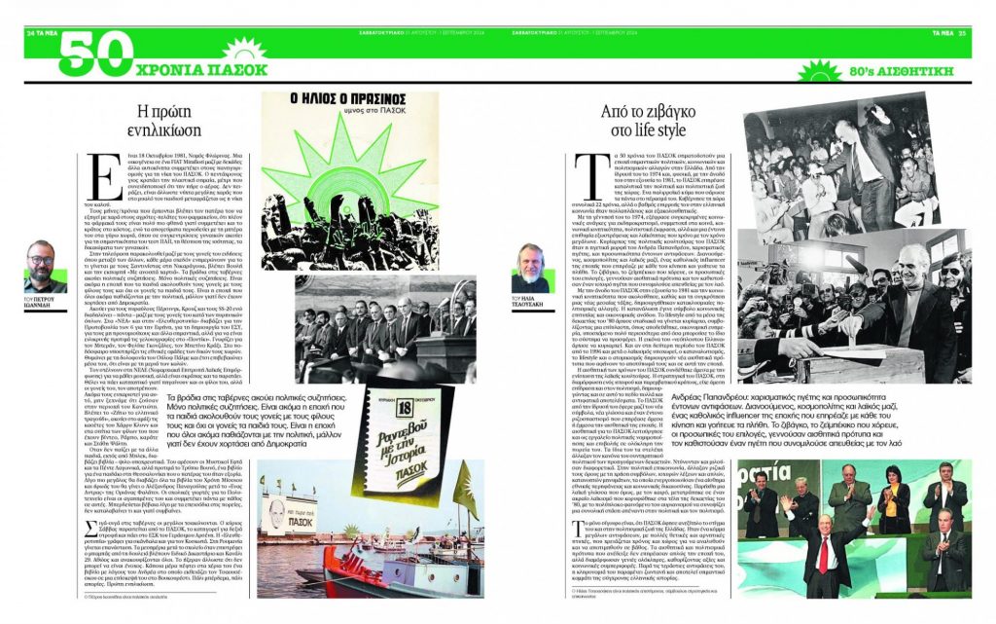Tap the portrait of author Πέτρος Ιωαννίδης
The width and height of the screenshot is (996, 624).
[x=40, y=262]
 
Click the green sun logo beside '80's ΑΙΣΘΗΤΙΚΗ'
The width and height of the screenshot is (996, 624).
[x=820, y=71]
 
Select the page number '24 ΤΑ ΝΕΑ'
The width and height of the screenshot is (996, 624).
[x=44, y=32]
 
